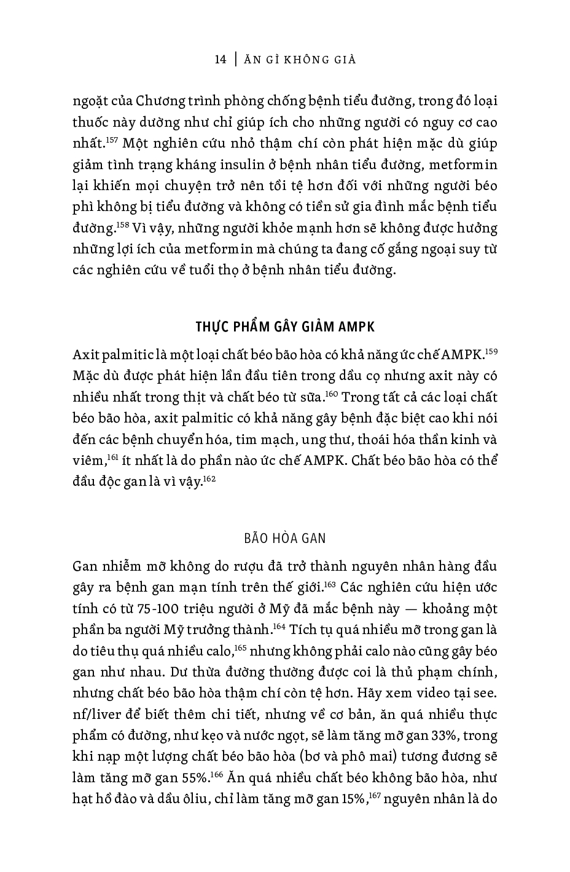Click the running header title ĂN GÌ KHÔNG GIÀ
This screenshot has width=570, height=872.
pos(300,60)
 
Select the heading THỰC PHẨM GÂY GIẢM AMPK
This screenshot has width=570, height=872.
pos(284,325)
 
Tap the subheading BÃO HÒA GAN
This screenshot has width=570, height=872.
pos(285,538)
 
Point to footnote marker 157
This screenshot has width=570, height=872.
pos(111,141)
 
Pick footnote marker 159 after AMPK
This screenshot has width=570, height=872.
pos(491,352)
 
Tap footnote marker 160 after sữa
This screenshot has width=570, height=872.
pos(332,394)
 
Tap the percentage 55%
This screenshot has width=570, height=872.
pos(196,779)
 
